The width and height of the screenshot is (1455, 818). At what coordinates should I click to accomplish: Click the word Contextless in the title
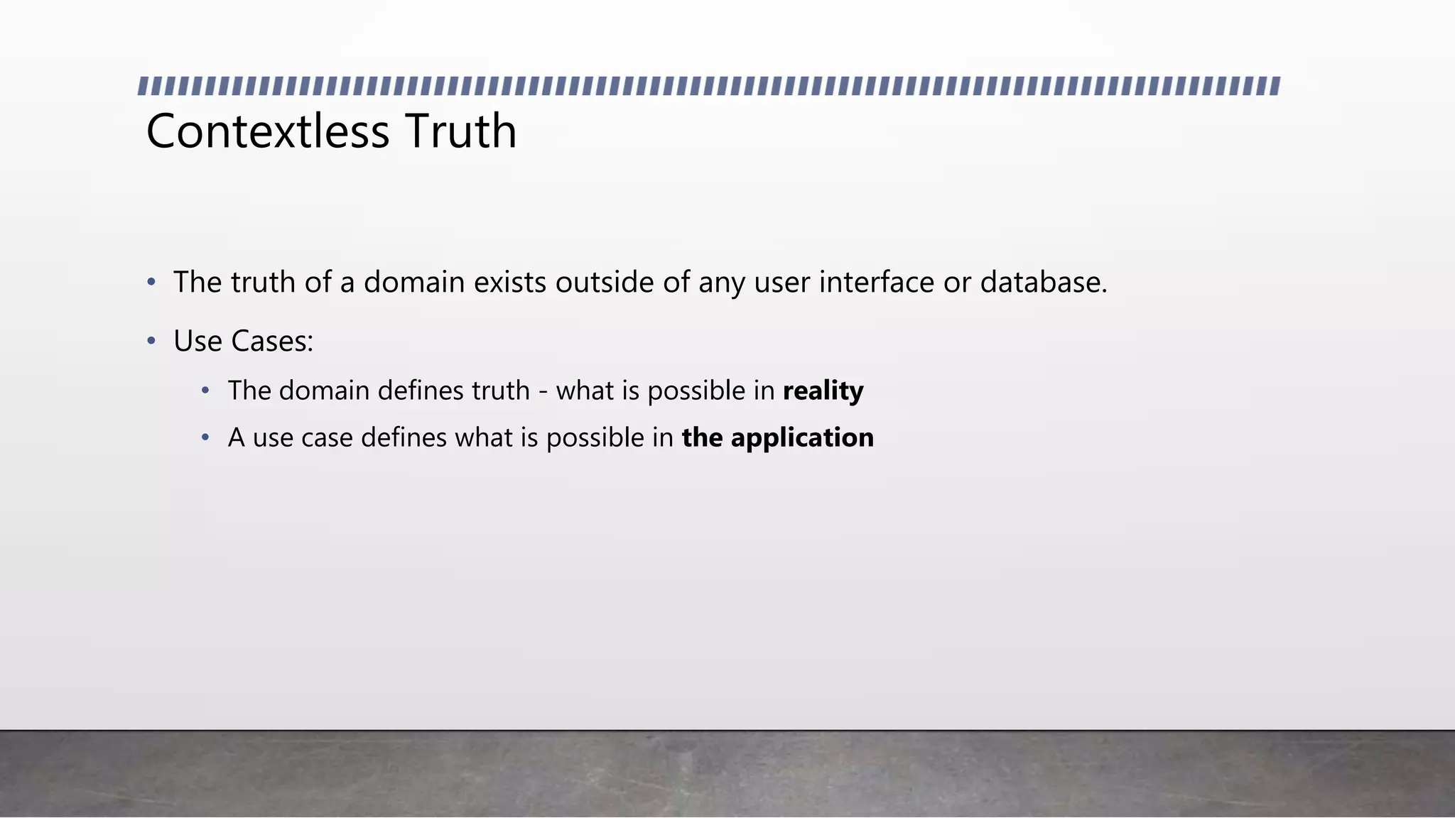(x=268, y=132)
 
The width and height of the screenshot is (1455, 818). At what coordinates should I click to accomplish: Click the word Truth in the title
(x=461, y=132)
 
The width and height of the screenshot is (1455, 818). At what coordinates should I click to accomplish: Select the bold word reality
(x=823, y=391)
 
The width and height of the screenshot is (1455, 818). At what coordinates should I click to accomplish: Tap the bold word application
(x=802, y=438)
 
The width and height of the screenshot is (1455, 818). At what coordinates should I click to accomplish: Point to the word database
(x=1044, y=283)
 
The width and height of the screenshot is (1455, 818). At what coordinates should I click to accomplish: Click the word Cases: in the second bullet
(x=272, y=342)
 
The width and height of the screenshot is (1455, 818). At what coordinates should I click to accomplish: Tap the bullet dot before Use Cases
(x=151, y=342)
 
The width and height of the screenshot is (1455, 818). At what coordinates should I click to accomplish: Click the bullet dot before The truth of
(x=151, y=283)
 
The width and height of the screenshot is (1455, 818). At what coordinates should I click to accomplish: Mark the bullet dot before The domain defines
(x=205, y=391)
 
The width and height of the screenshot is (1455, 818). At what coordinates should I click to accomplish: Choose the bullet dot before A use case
(x=205, y=437)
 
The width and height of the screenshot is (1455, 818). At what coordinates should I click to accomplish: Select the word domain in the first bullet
(x=414, y=283)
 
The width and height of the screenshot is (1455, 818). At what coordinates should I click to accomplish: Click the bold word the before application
(x=702, y=438)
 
